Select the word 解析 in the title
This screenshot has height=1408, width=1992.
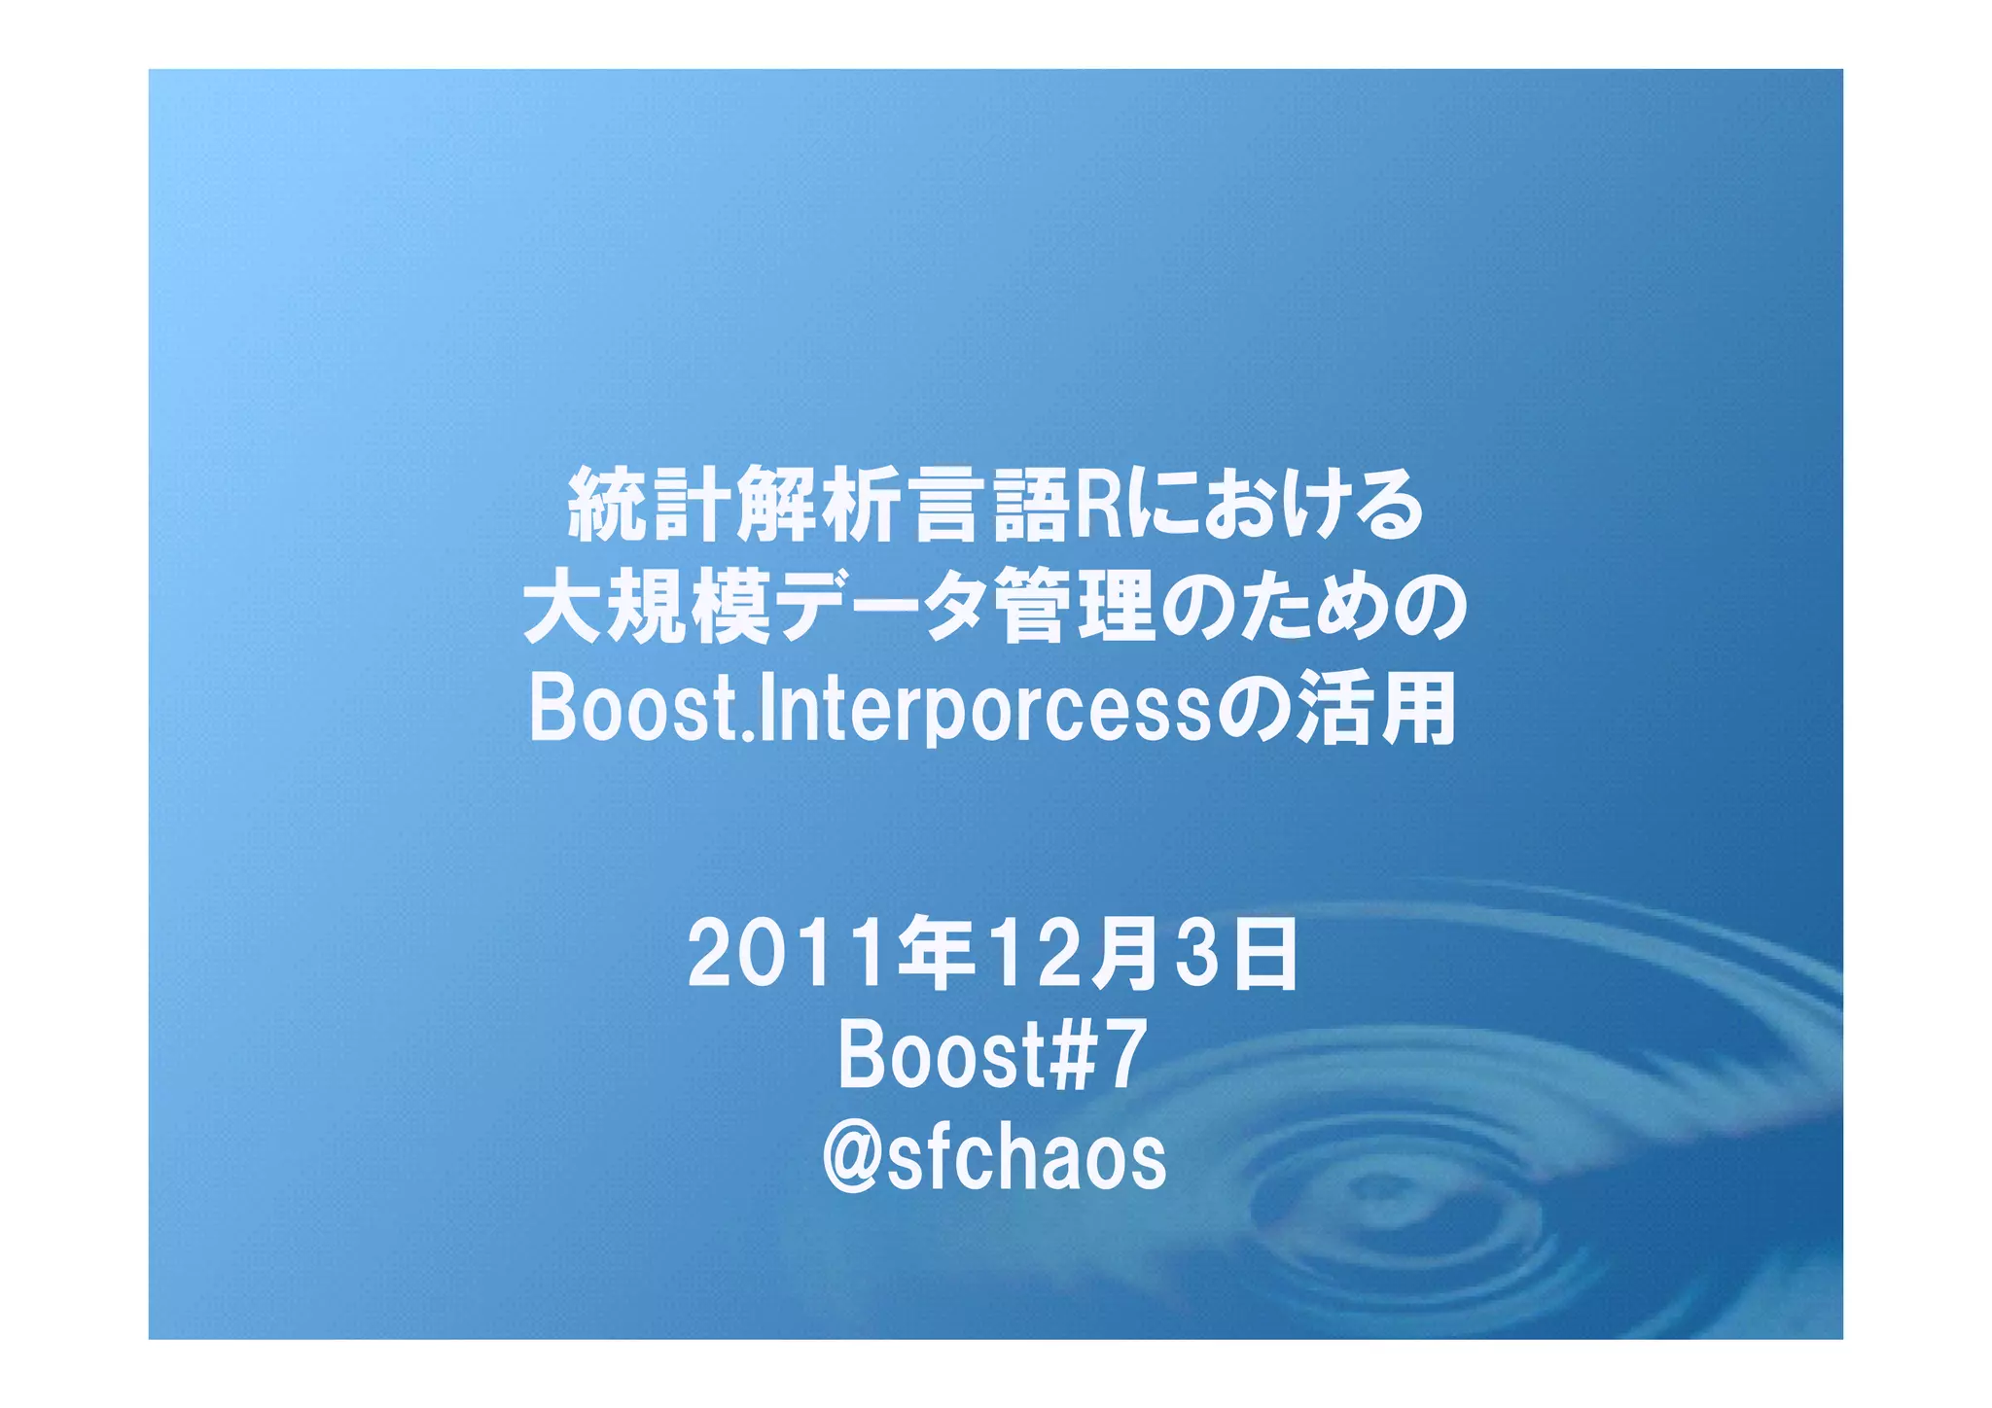click(820, 505)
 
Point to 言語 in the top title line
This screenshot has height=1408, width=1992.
click(991, 505)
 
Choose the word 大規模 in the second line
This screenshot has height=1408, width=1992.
click(648, 608)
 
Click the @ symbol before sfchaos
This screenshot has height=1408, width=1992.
click(852, 1159)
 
